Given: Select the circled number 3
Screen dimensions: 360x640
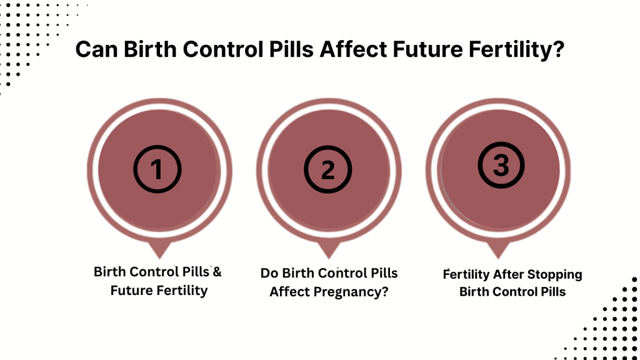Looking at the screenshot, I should [x=501, y=166].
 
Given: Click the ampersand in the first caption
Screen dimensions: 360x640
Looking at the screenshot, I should [x=216, y=272].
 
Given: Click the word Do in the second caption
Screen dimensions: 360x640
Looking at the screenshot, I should [x=269, y=273].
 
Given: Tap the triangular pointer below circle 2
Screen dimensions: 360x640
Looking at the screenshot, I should [x=329, y=250].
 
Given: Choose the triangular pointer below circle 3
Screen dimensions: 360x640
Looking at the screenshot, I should [x=498, y=250].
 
